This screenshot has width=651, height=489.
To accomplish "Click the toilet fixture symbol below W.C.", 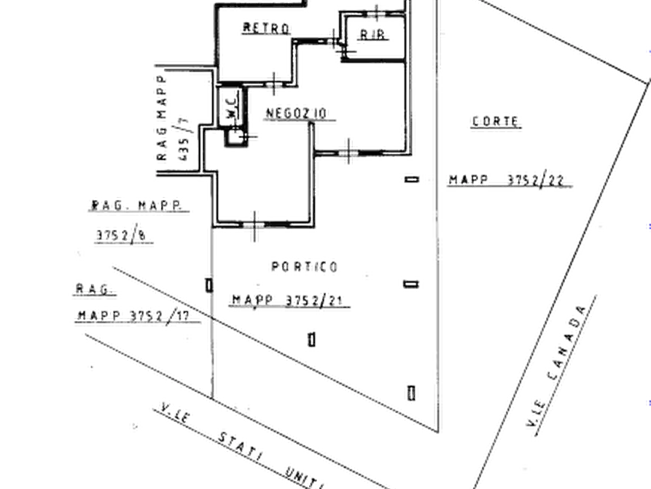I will (235, 135).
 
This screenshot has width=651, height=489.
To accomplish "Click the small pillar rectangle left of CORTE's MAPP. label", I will (412, 176).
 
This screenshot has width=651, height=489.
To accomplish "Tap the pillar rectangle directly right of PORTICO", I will (412, 282).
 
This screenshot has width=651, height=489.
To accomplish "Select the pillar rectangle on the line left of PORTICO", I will (210, 284).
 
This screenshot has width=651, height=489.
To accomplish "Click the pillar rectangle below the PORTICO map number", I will (312, 339).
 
